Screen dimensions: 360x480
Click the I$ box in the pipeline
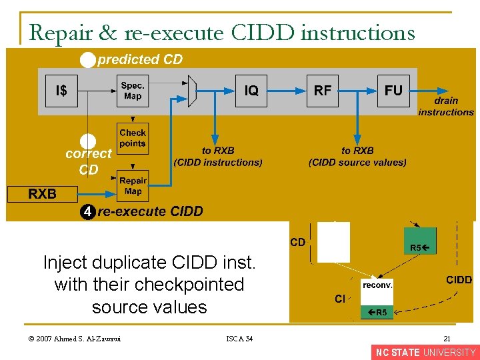tap(61, 91)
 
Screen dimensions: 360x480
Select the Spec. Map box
tap(133, 91)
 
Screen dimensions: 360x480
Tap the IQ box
tap(251, 91)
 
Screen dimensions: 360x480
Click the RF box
tap(323, 91)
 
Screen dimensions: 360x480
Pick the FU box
tap(393, 91)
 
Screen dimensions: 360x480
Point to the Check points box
tap(133, 138)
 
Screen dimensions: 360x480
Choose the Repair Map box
tap(133, 186)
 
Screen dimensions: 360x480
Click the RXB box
tap(42, 194)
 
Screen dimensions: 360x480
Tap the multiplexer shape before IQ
tap(193, 91)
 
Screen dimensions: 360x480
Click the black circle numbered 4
tap(87, 212)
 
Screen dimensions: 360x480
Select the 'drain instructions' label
tap(445, 107)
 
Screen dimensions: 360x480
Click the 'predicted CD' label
tap(140, 60)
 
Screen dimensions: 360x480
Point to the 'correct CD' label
tap(89, 161)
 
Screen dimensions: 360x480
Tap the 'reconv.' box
tap(377, 285)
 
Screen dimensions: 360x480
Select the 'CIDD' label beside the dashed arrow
tap(459, 280)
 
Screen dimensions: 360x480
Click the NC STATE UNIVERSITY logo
tap(425, 353)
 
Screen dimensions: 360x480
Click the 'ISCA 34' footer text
tap(239, 339)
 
